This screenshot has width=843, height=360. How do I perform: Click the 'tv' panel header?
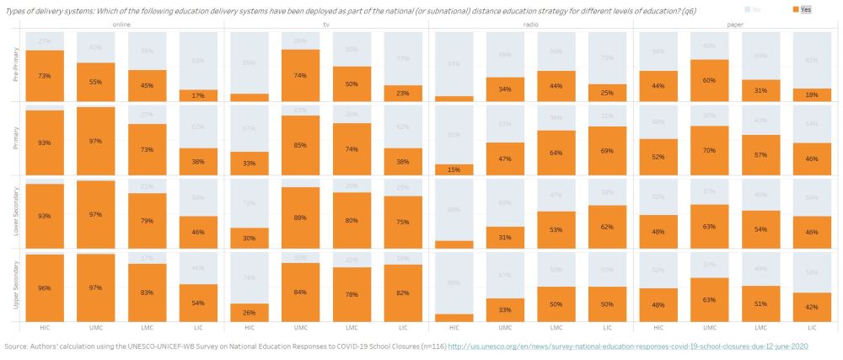coord(325,24)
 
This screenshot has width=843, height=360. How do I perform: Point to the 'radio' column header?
coord(530,24)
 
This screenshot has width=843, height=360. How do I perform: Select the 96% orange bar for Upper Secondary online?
coord(44,287)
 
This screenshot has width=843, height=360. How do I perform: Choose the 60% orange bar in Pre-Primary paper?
coord(711,81)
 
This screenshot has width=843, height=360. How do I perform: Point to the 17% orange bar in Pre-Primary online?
coord(197,95)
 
